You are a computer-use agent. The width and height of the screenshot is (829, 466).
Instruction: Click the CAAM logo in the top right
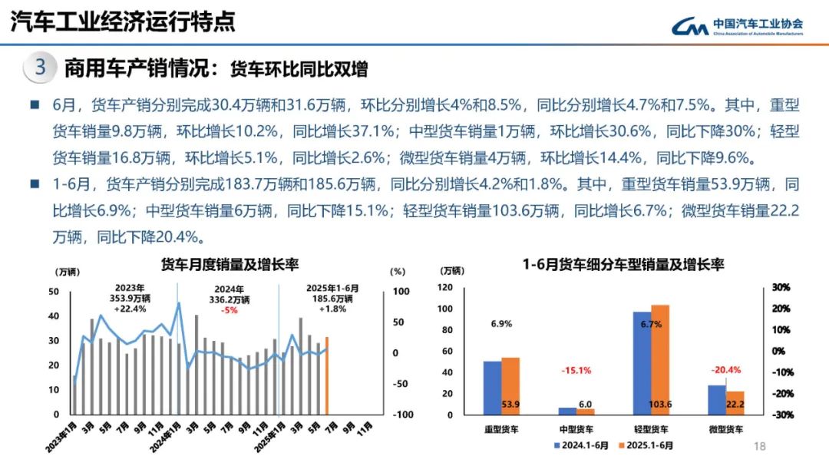coord(738,26)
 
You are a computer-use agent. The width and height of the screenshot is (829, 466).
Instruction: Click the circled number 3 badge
coord(40,68)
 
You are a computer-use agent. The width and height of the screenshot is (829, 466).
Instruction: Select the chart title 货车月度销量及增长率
coord(230,265)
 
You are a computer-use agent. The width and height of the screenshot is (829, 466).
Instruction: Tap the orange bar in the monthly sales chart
coord(327,375)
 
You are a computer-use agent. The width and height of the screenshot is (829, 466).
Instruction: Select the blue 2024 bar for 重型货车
coord(492,388)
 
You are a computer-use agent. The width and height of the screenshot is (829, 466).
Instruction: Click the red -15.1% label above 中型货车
coord(576,370)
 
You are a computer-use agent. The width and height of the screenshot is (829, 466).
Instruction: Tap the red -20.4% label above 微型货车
coord(726,369)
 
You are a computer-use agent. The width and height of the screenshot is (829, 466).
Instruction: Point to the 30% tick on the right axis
coord(781,287)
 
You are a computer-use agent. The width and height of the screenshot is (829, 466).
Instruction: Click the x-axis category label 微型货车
coord(726,429)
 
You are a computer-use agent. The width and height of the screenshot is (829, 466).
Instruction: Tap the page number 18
coord(761,445)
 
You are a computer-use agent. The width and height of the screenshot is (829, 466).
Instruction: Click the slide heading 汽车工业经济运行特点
coord(123,21)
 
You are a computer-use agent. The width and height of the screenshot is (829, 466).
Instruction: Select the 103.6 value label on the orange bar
coord(659,404)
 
